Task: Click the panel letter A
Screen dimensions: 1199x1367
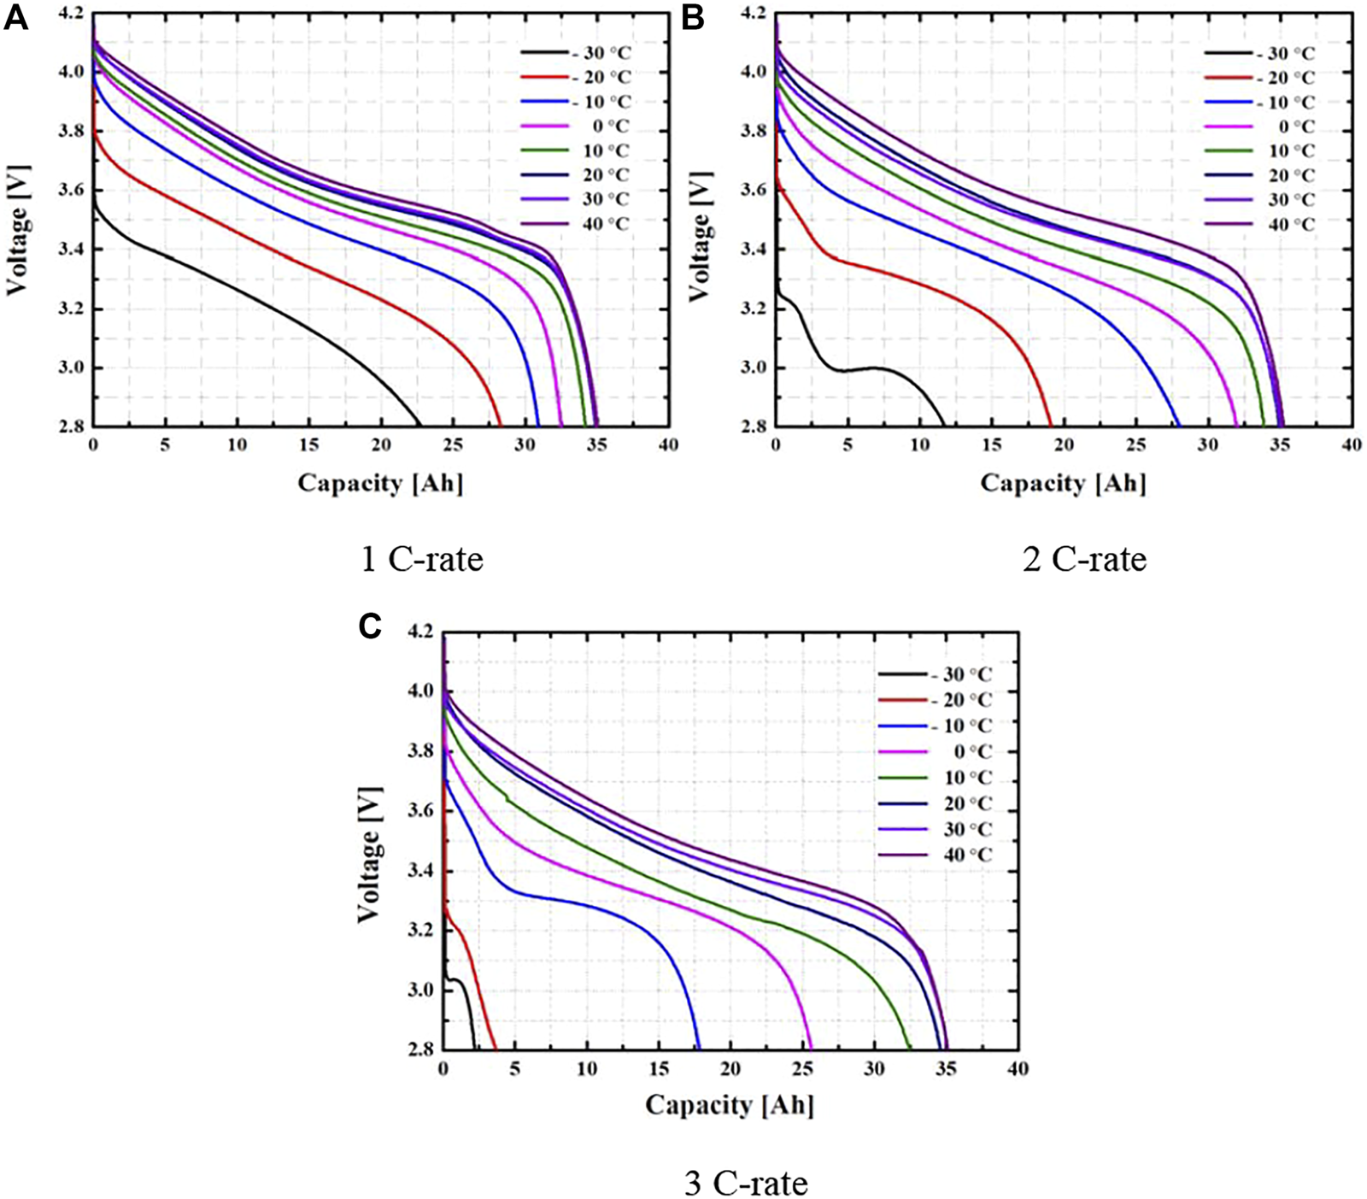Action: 16,18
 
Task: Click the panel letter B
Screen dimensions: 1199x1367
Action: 693,18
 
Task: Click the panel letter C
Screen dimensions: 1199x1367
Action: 370,626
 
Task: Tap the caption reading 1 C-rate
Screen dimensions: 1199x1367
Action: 422,560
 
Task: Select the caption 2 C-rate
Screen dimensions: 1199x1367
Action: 1084,560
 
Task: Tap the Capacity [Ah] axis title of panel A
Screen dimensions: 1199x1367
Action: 380,483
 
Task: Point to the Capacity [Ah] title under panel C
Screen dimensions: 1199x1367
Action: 730,1105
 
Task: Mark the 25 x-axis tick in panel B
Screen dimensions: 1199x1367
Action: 1135,445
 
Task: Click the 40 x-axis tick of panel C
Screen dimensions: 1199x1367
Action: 1017,1068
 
